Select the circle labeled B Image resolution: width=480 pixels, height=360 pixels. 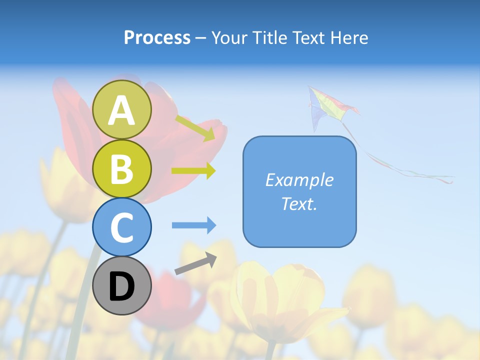click(122, 168)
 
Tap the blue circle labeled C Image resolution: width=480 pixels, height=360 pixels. click(122, 227)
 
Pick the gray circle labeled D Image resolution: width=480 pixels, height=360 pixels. click(122, 285)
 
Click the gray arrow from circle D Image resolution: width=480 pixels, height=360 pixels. click(195, 263)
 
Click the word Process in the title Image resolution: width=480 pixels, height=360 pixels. click(157, 37)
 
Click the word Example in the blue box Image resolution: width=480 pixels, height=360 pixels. click(299, 180)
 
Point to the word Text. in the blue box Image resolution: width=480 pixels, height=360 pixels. click(299, 203)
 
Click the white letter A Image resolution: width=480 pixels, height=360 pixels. click(122, 110)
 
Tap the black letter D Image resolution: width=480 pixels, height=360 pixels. click(122, 286)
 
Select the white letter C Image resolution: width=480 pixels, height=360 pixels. click(122, 228)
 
